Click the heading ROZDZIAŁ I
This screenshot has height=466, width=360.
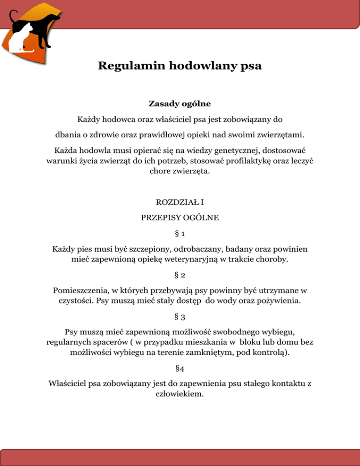(x=180, y=204)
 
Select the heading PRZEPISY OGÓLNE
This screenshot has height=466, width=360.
(x=180, y=218)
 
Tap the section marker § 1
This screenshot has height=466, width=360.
(x=180, y=233)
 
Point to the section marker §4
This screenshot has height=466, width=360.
(x=180, y=369)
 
